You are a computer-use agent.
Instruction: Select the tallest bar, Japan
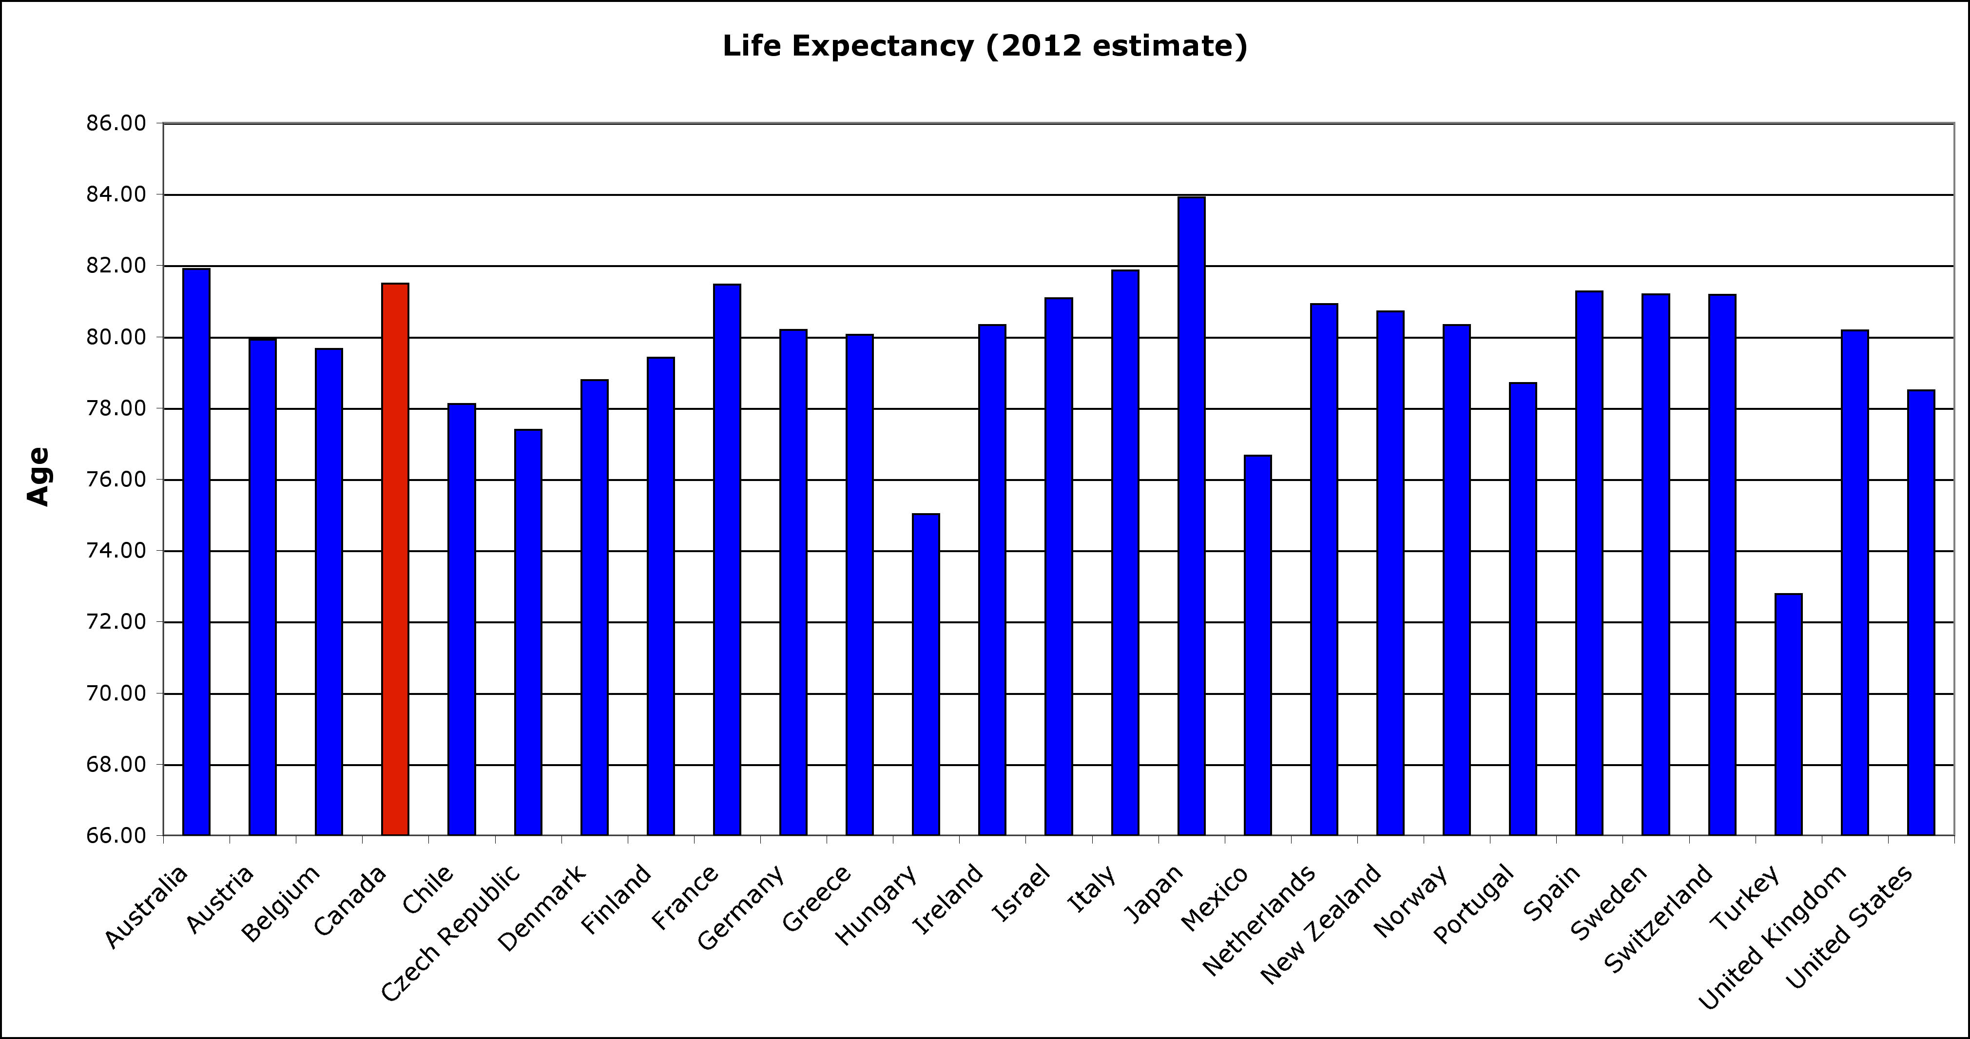1192,516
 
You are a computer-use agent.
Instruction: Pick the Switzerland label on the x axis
1658,919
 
